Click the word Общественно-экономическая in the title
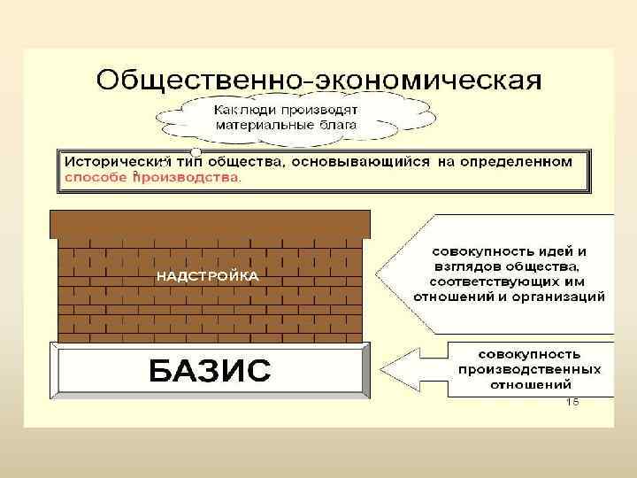(x=318, y=80)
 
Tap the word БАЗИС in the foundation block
(x=209, y=369)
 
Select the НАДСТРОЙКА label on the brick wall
(x=208, y=276)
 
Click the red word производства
(x=187, y=177)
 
